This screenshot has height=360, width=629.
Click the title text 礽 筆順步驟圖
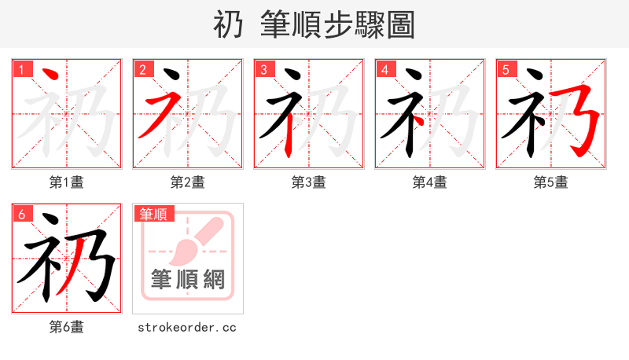314,24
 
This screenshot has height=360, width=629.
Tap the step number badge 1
21,70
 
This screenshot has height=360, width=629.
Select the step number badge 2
142,70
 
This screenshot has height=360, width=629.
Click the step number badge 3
263,70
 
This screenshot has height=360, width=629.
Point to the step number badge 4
384,70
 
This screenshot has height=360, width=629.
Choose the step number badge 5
506,70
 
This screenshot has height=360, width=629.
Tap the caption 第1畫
67,182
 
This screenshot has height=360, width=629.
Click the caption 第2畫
188,182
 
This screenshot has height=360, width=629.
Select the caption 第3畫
309,182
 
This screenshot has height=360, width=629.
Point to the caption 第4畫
430,182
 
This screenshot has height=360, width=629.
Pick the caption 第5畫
551,182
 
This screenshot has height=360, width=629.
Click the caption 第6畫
67,327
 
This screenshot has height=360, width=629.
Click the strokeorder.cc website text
187,327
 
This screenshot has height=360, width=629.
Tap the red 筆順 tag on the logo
154,214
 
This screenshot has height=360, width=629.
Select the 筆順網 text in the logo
188,280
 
